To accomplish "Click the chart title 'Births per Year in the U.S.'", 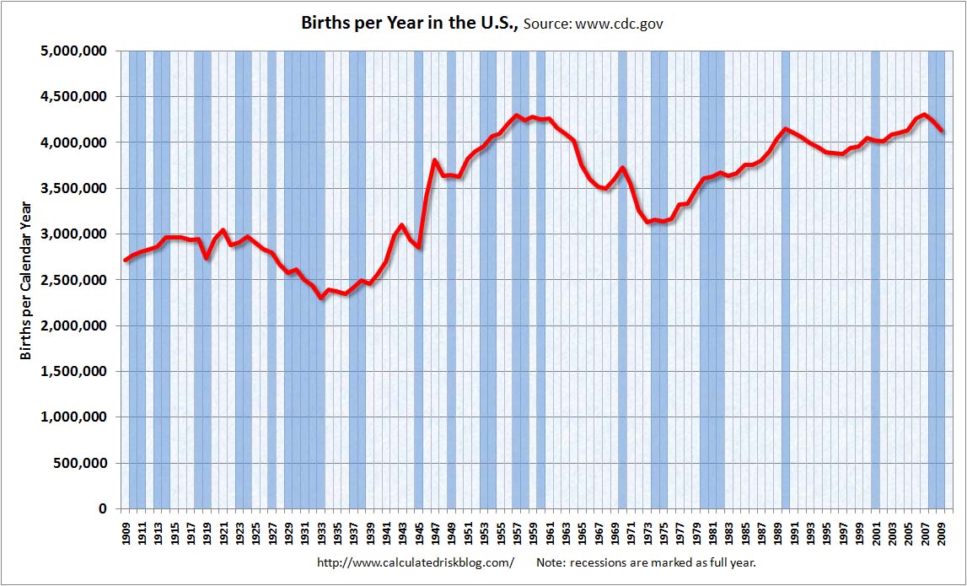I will [x=410, y=23].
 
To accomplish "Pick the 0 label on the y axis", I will [x=102, y=509].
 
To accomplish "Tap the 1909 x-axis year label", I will [x=125, y=533].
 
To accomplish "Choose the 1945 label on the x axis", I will [x=419, y=533].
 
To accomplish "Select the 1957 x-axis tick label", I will [x=517, y=533].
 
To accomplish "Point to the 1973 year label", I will [x=647, y=533].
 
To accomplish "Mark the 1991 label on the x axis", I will [x=794, y=533].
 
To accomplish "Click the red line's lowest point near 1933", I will [x=321, y=298].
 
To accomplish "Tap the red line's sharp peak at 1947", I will [x=435, y=160].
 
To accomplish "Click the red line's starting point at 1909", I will [x=125, y=260].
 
